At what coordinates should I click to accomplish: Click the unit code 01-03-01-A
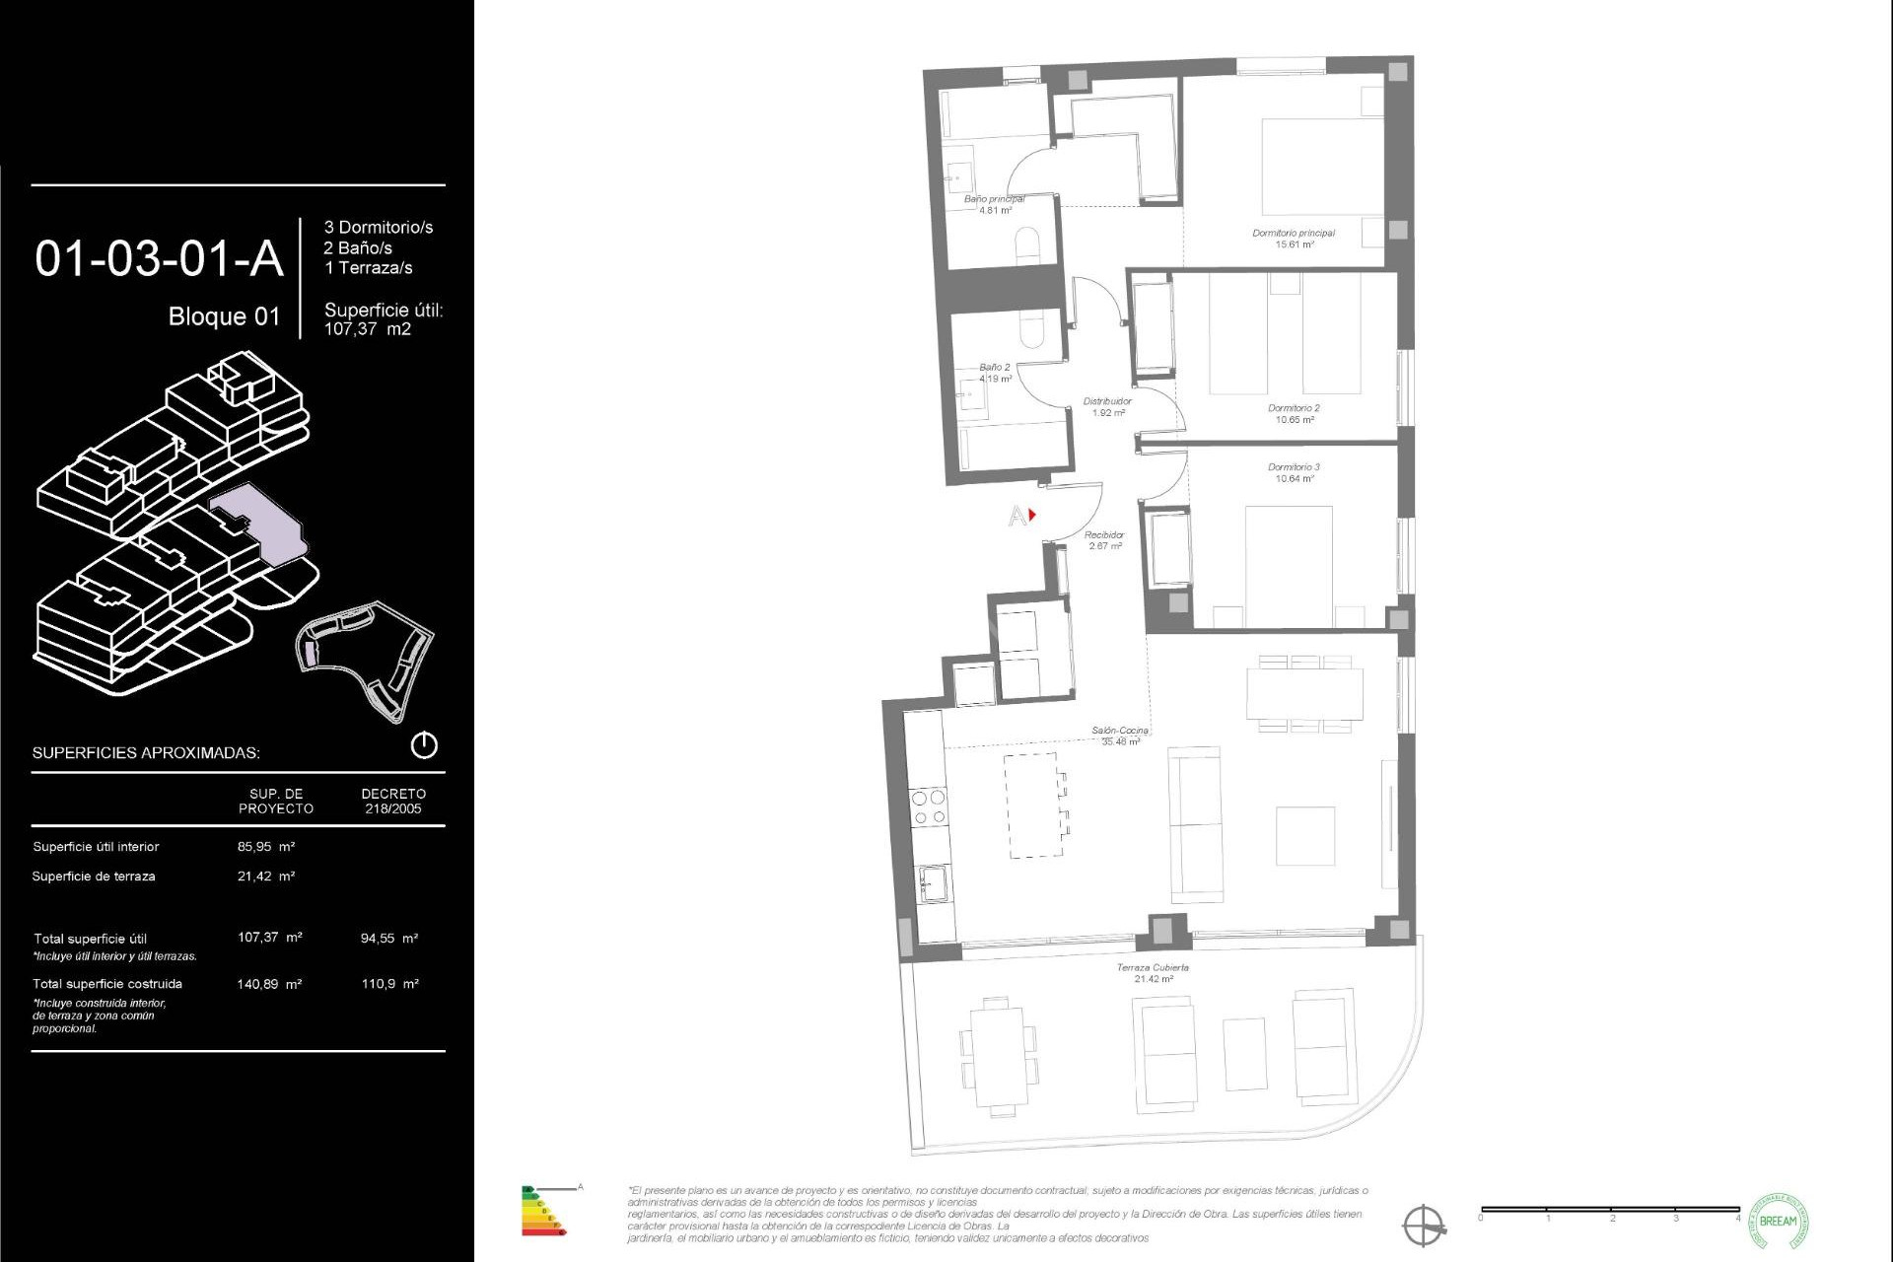(x=159, y=259)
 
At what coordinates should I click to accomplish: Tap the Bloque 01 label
(x=224, y=316)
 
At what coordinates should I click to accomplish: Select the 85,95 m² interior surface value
(x=266, y=847)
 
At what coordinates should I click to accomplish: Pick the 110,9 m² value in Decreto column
(x=389, y=984)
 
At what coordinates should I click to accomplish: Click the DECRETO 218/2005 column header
(x=392, y=801)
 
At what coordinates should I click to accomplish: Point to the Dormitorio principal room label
(x=1294, y=234)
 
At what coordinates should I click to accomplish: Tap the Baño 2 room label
(x=994, y=367)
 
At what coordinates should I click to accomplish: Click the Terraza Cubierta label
(x=1152, y=968)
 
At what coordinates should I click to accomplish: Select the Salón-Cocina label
(x=1119, y=732)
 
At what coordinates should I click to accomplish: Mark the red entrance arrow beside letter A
(x=1032, y=515)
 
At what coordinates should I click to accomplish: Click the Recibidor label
(x=1104, y=535)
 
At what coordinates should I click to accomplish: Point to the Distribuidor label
(x=1107, y=401)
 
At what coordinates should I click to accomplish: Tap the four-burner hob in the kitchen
(x=928, y=806)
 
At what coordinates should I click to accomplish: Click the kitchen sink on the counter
(x=932, y=883)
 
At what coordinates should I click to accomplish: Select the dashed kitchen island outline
(x=1033, y=805)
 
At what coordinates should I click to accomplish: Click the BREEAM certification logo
(x=1778, y=1221)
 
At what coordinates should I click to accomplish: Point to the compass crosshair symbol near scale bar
(x=1425, y=1226)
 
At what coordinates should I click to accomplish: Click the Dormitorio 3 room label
(x=1294, y=467)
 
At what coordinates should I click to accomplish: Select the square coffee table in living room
(x=1304, y=836)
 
